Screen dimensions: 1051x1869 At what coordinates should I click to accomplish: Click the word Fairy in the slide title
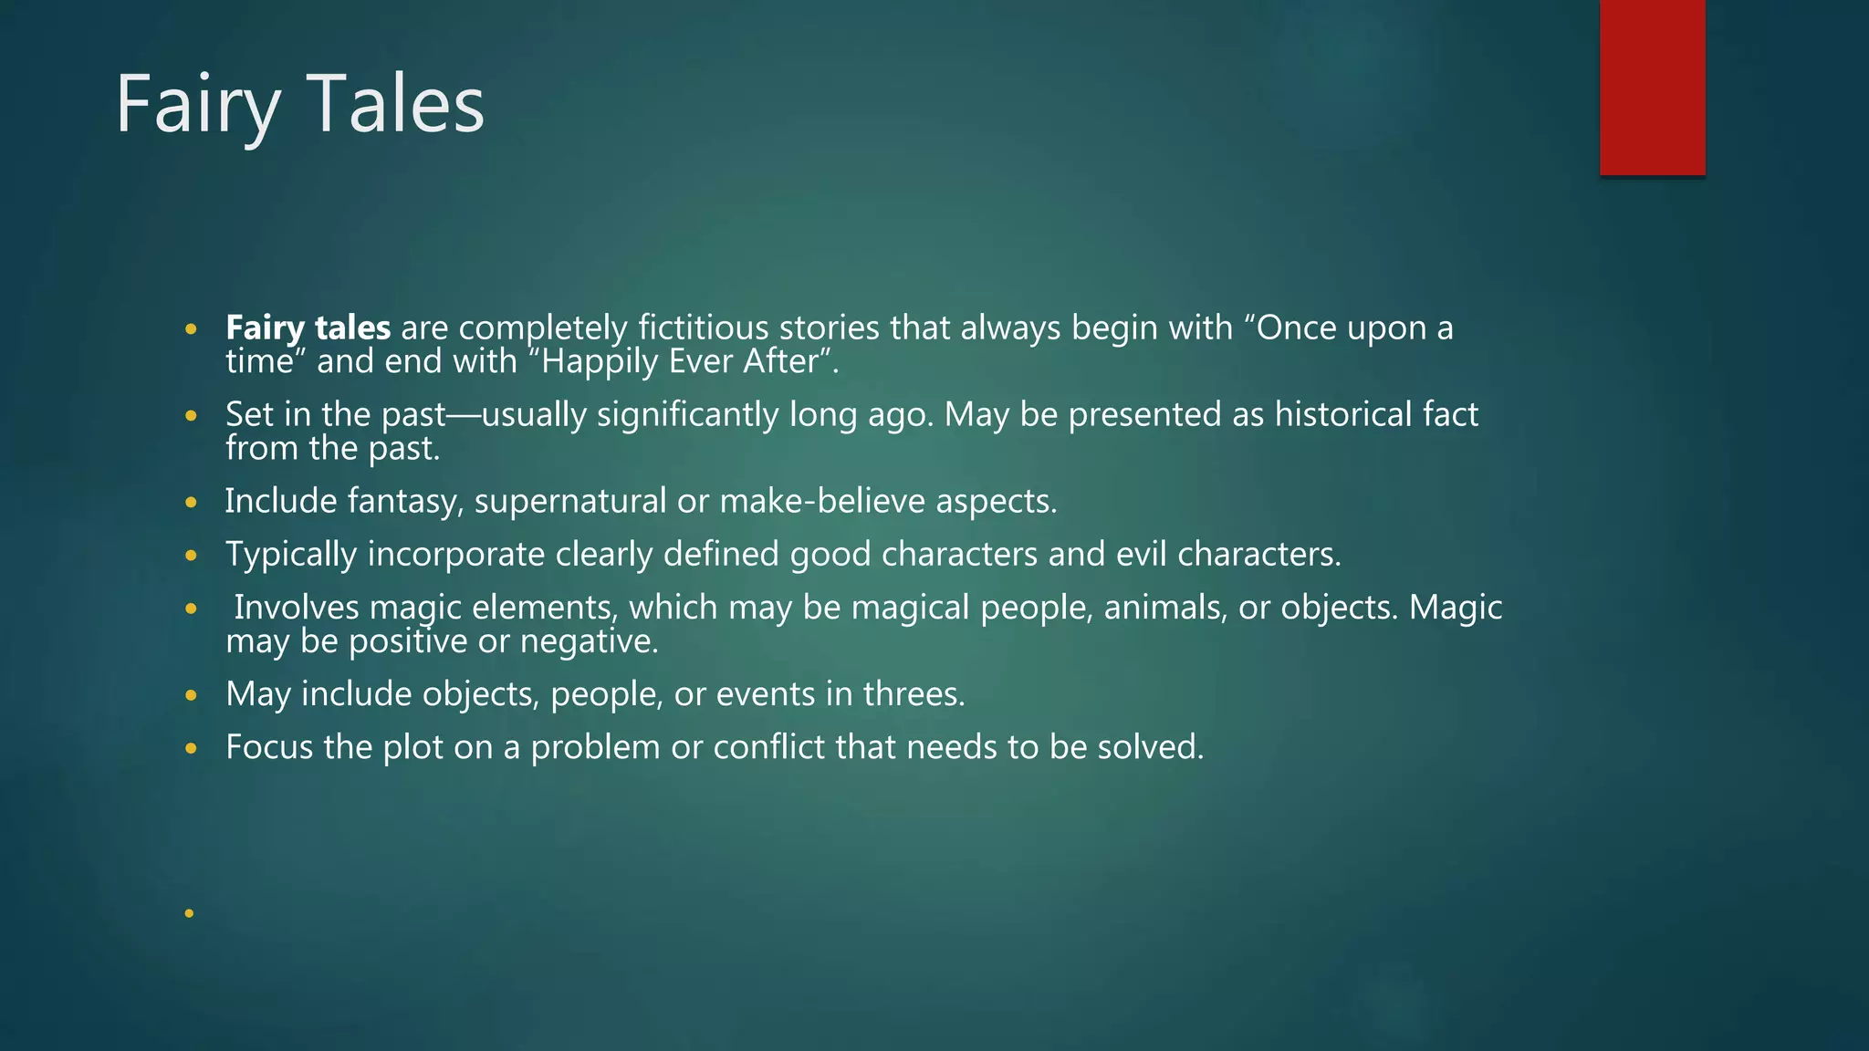(197, 105)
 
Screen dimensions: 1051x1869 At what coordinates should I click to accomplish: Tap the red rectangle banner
(1652, 87)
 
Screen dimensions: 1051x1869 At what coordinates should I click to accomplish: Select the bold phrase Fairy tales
(308, 328)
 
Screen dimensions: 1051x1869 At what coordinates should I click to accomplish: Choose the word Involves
(296, 608)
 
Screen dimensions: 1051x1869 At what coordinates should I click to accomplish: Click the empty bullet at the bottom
(190, 913)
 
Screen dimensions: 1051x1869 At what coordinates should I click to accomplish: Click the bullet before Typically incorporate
(190, 556)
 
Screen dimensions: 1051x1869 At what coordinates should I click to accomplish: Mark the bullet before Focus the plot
(190, 749)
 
